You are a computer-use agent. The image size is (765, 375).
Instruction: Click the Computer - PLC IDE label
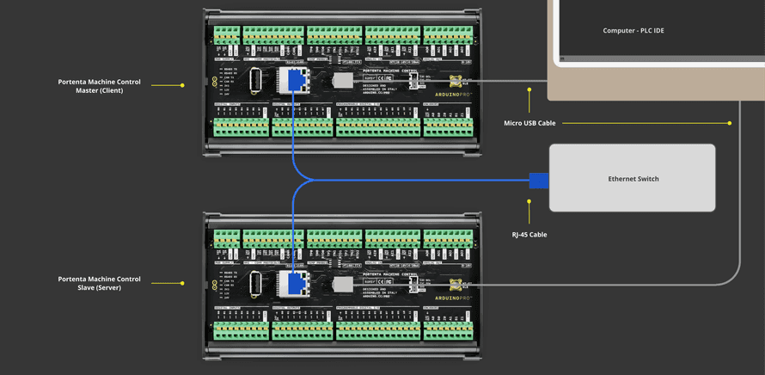point(633,31)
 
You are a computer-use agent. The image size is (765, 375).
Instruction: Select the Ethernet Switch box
point(633,178)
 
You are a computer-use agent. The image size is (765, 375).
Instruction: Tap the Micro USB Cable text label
point(529,123)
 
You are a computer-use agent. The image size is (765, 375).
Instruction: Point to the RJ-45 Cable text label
point(529,234)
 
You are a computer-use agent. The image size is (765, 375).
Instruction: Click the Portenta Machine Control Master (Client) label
point(99,86)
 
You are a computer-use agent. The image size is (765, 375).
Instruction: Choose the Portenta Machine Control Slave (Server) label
point(99,283)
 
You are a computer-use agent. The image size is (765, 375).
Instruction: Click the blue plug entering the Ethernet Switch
point(538,180)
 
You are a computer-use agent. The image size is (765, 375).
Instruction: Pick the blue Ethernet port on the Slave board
point(294,282)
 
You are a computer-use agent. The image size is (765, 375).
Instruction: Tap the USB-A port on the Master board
point(256,81)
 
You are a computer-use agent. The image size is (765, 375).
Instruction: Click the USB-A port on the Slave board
point(256,283)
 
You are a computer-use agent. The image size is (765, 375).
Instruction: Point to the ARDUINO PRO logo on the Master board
point(453,95)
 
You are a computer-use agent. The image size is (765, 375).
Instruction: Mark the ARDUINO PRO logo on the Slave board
point(453,298)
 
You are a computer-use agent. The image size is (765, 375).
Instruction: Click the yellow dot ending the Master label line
point(182,85)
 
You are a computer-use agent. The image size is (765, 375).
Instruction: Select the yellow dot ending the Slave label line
point(182,283)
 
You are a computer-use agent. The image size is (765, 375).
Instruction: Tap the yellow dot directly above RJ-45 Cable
point(529,201)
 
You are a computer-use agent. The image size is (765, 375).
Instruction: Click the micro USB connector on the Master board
point(456,82)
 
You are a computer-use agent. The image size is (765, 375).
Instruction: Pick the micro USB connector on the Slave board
point(456,284)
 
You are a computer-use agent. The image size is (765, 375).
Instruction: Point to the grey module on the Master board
point(343,81)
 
